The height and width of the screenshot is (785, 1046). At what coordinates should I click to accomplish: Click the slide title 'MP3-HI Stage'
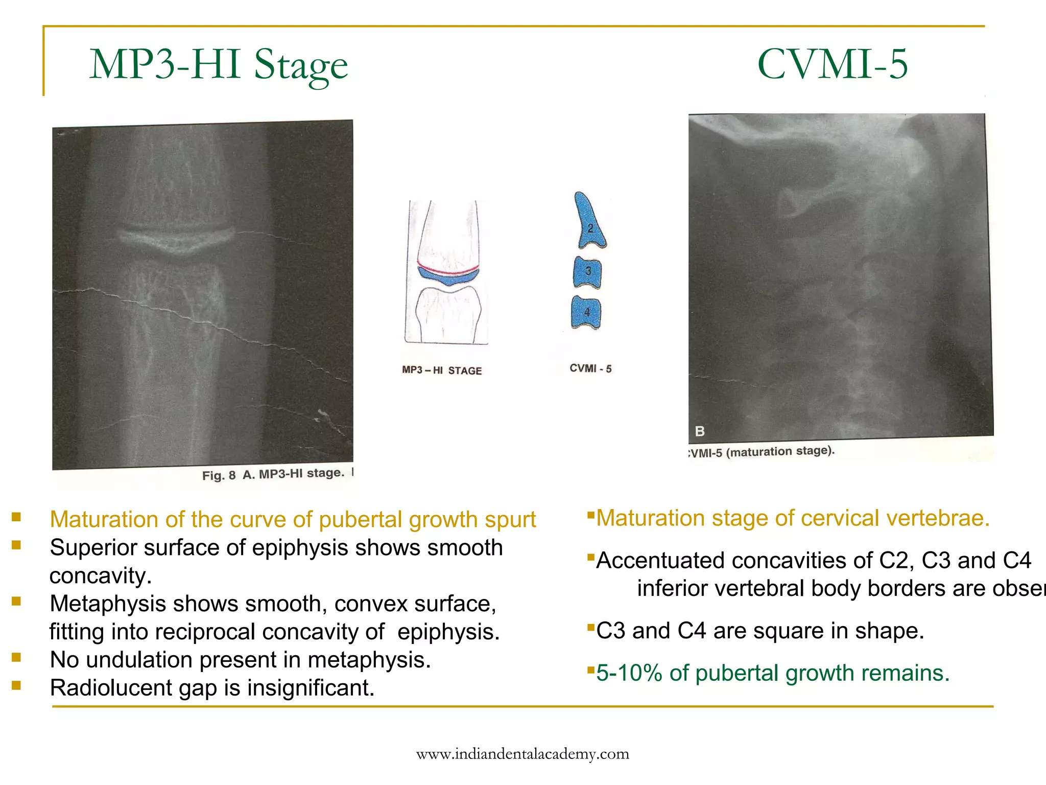(x=219, y=65)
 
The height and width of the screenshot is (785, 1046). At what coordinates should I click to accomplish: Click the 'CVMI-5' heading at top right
(x=832, y=64)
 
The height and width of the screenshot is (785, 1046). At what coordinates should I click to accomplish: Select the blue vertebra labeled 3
(x=587, y=272)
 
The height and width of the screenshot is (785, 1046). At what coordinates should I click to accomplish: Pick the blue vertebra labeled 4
(x=586, y=312)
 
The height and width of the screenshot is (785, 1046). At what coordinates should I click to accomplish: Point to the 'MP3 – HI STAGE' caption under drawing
(x=442, y=370)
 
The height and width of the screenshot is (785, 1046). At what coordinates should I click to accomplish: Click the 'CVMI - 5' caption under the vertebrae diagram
(x=590, y=368)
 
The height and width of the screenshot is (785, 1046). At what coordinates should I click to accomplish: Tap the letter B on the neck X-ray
(x=700, y=431)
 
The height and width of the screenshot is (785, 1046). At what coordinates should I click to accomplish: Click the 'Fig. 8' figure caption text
(x=219, y=476)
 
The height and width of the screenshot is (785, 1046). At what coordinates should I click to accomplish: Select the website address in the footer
(x=522, y=754)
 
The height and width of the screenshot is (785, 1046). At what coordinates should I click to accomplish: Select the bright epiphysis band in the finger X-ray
(x=176, y=239)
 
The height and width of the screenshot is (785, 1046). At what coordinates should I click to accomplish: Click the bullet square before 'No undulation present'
(x=16, y=657)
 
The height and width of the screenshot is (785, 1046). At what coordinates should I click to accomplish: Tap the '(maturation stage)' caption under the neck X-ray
(x=780, y=452)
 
